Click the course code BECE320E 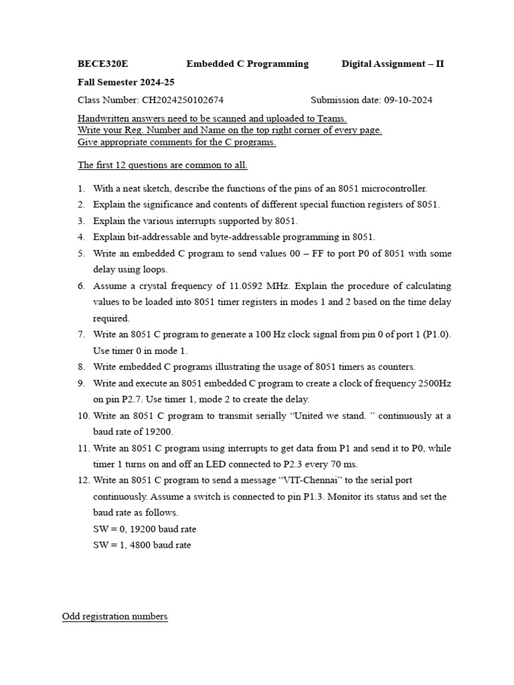[x=103, y=64]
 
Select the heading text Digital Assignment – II [x=392, y=64]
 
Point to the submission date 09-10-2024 [x=408, y=100]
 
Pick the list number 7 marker [x=81, y=334]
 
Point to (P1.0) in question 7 [x=434, y=334]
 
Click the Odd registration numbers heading [x=114, y=616]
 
